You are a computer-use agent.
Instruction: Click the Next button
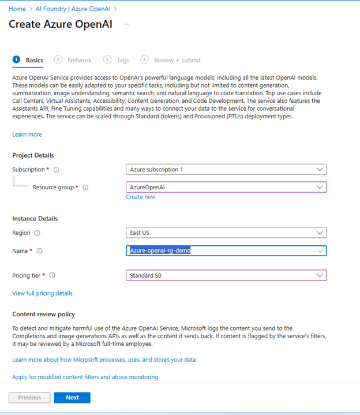pos(72,398)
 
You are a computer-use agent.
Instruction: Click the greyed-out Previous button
pos(29,398)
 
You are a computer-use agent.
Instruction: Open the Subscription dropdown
pos(226,170)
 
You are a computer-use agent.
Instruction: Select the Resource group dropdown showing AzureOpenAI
pos(226,188)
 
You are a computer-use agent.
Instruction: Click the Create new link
pos(141,197)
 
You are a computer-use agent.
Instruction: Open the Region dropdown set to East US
pos(226,233)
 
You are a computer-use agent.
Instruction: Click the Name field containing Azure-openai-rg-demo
pos(226,251)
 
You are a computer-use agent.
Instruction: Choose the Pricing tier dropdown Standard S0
pos(226,275)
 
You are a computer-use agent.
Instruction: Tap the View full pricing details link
pos(42,293)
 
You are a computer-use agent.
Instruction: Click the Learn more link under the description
pos(27,134)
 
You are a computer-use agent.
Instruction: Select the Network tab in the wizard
pos(79,60)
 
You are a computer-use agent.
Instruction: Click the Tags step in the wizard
pos(122,60)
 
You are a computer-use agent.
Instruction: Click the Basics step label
pos(34,60)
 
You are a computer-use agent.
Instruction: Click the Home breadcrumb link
pos(17,9)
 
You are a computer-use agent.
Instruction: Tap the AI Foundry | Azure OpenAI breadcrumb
pos(74,9)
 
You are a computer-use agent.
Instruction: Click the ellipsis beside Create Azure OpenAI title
pos(127,24)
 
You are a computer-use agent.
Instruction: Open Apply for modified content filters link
pos(85,377)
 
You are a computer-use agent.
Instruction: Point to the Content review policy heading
pos(43,315)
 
